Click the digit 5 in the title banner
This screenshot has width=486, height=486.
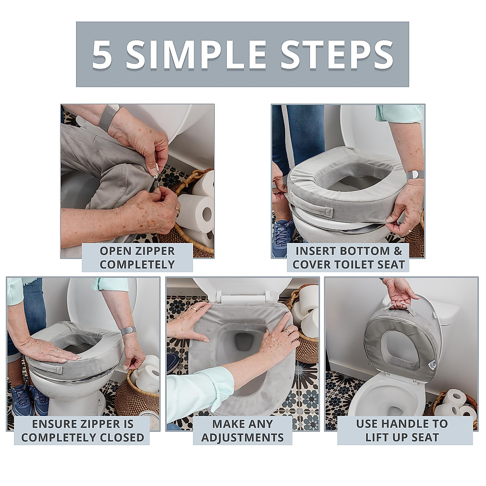point(102,54)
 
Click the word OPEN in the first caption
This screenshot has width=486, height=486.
point(115,251)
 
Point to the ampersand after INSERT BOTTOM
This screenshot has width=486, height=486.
point(398,251)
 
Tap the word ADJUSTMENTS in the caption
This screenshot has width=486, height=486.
point(242,438)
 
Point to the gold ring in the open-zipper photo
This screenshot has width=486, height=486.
point(177,210)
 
